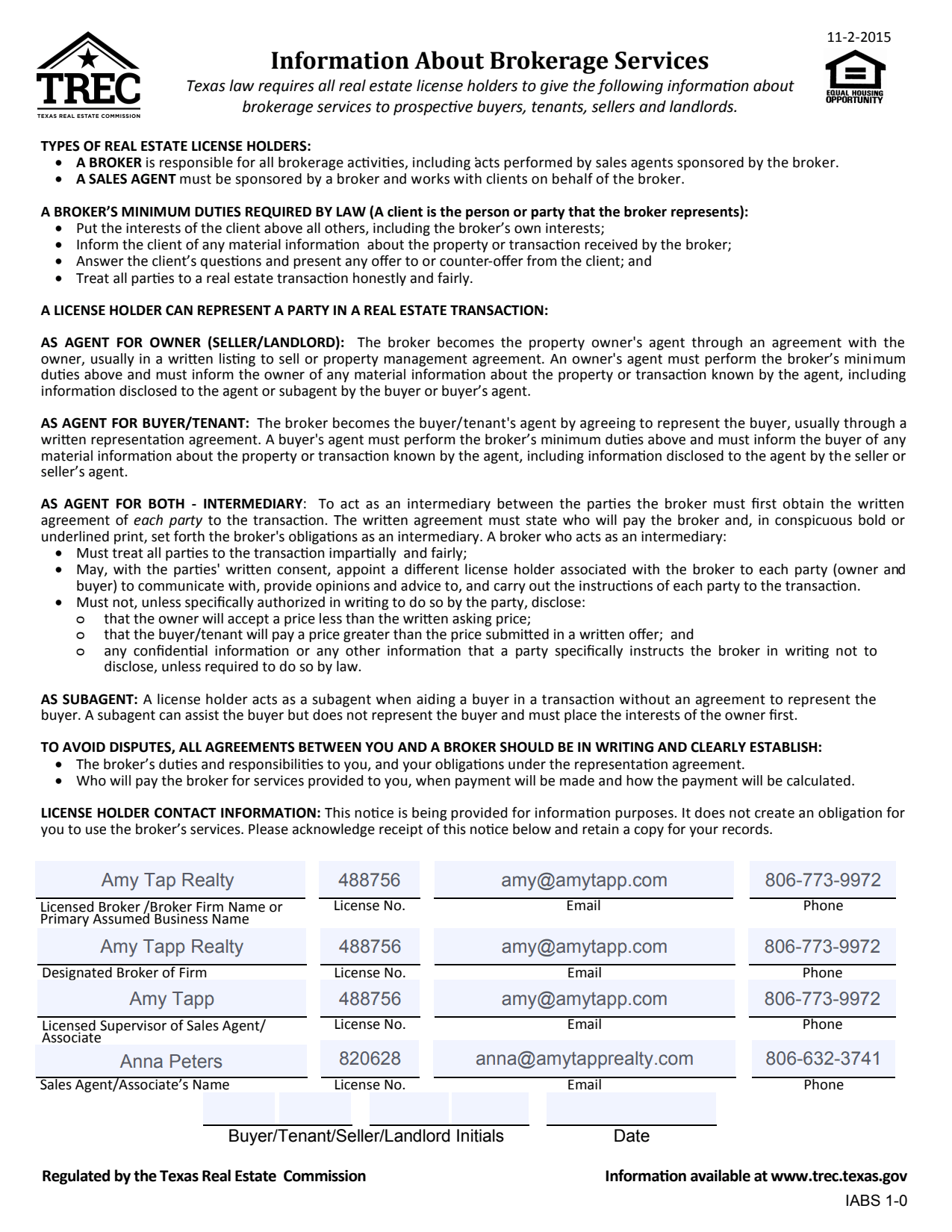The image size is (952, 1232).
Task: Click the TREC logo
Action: (88, 75)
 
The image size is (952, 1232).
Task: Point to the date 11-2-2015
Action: (859, 37)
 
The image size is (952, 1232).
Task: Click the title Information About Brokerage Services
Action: (489, 60)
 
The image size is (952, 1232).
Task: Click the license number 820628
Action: (370, 1058)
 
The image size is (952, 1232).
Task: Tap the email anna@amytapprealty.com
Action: (584, 1058)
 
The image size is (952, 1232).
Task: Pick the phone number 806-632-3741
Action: (823, 1058)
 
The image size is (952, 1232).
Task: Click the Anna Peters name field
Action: (171, 1061)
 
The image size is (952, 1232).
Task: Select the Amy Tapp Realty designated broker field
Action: (172, 946)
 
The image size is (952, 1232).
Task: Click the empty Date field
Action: (631, 1109)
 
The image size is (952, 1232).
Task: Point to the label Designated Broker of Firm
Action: (124, 972)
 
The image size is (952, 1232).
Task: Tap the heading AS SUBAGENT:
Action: (89, 700)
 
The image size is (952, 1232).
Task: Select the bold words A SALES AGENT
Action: (125, 179)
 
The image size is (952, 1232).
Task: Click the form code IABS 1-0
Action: (876, 1201)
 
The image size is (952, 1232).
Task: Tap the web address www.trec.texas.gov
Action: (839, 1176)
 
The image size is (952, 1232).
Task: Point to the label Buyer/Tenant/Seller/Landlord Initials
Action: (366, 1136)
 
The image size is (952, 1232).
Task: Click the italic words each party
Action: (168, 520)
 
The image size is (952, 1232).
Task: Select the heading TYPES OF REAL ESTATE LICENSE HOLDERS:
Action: (175, 146)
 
